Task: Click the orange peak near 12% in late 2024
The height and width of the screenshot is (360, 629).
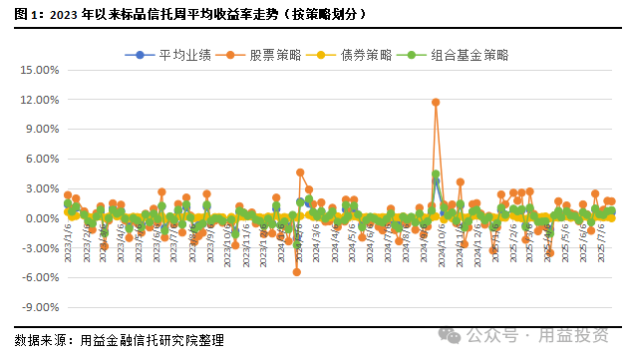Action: coord(436,102)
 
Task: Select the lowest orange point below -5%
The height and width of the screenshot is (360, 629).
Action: coord(296,271)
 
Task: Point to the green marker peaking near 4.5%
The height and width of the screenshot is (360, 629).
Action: coord(436,174)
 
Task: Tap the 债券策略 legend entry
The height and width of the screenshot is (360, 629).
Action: coord(343,54)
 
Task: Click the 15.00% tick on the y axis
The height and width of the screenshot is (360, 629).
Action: coord(40,71)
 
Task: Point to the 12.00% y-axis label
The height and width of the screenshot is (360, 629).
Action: coord(40,101)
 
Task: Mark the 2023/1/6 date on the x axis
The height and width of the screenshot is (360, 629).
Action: coord(66,240)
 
